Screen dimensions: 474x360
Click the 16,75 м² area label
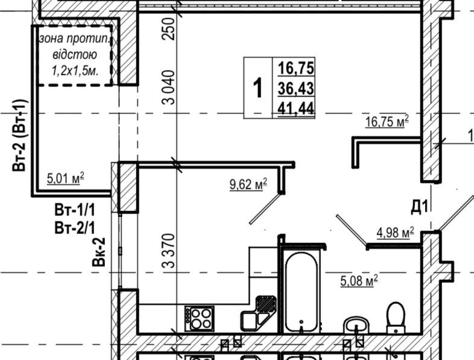(x=387, y=122)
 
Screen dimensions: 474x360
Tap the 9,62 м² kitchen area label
(x=248, y=184)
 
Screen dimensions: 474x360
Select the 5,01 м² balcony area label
(x=66, y=178)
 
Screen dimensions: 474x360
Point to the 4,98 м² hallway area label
(x=395, y=233)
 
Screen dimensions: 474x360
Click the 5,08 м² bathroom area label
(x=359, y=280)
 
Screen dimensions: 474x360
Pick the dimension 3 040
(x=169, y=87)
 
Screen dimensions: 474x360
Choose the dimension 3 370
(x=169, y=251)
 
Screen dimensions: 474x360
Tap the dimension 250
(x=169, y=29)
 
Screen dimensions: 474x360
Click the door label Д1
(x=420, y=207)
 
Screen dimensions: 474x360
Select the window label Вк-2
(x=99, y=252)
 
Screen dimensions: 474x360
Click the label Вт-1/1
(x=75, y=210)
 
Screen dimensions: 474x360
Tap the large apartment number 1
(x=258, y=87)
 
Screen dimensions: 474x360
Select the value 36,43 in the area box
(x=296, y=88)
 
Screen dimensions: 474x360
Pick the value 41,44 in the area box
(x=296, y=108)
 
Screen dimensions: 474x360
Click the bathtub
(x=302, y=292)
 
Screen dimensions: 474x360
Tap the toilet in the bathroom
(x=396, y=318)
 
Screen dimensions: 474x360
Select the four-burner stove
(x=200, y=318)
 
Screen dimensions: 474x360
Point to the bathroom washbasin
(x=356, y=326)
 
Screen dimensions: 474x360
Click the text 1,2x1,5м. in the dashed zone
(x=75, y=71)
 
